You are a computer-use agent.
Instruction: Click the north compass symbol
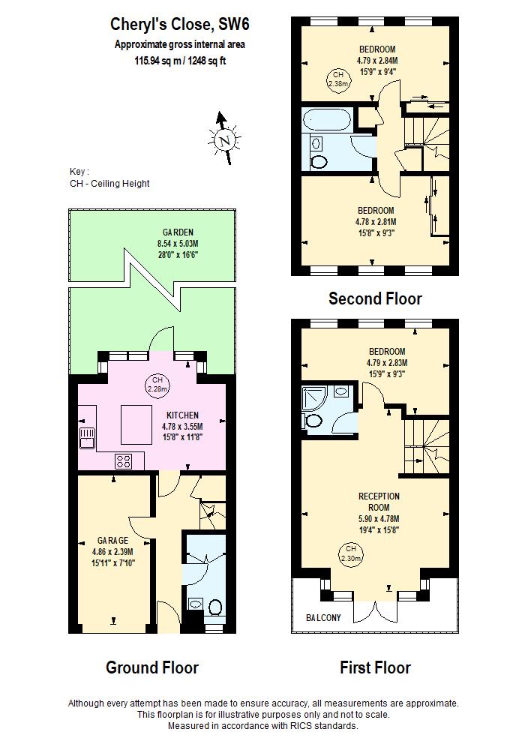[x=223, y=139]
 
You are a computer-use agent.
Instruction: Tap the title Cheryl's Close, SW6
[x=180, y=25]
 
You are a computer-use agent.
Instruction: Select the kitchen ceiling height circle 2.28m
[x=156, y=385]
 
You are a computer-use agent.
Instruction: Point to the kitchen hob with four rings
[x=123, y=461]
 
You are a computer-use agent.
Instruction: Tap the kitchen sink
[x=88, y=437]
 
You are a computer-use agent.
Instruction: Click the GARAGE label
[x=112, y=540]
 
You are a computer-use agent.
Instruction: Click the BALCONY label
[x=323, y=618]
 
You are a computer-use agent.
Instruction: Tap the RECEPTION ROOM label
[x=379, y=502]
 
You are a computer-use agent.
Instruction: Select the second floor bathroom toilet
[x=319, y=160]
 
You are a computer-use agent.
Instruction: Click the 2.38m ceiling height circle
[x=337, y=79]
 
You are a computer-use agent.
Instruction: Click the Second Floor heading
[x=375, y=298]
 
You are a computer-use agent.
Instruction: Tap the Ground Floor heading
[x=152, y=667]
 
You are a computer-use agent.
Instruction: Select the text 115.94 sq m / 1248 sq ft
[x=180, y=60]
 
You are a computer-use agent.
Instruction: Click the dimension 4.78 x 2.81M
[x=376, y=222]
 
